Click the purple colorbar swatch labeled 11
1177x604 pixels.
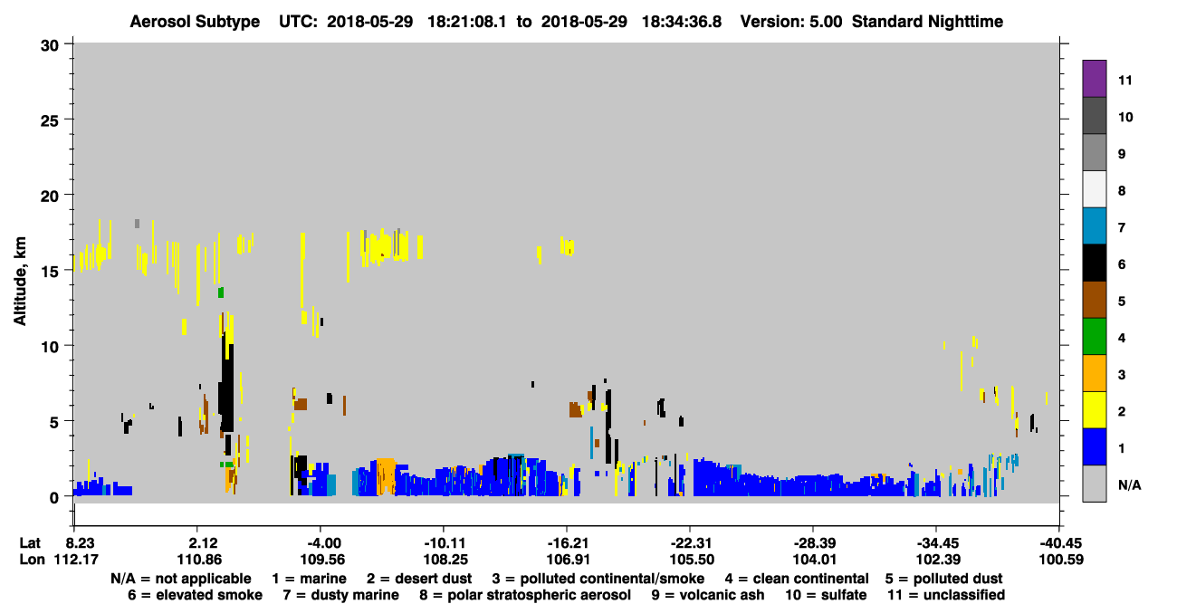click(1094, 78)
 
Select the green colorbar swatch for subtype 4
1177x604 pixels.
click(1094, 337)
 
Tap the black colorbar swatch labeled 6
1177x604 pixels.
click(1094, 263)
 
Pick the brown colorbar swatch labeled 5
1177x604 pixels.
click(1094, 300)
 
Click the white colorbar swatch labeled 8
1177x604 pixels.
click(1094, 189)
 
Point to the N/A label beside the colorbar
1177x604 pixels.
click(1129, 484)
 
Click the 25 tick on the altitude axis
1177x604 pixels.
click(50, 120)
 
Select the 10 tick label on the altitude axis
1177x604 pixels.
click(50, 347)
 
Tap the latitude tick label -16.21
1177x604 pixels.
click(568, 543)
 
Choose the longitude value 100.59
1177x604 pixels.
click(1061, 560)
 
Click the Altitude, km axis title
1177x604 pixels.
click(20, 282)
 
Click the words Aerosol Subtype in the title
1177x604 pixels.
click(195, 22)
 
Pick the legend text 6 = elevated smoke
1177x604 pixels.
click(195, 595)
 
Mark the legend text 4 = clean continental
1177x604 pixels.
click(797, 579)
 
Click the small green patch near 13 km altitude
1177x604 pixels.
click(221, 292)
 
